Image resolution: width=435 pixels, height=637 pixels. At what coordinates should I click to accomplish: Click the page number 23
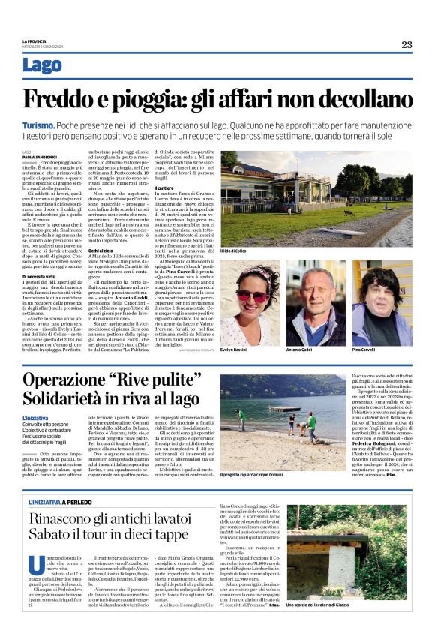pyautogui.click(x=406, y=44)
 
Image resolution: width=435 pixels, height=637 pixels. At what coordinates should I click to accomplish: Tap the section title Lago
pyautogui.click(x=43, y=65)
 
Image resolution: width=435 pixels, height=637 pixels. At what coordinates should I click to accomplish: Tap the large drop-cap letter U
pyautogui.click(x=30, y=566)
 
